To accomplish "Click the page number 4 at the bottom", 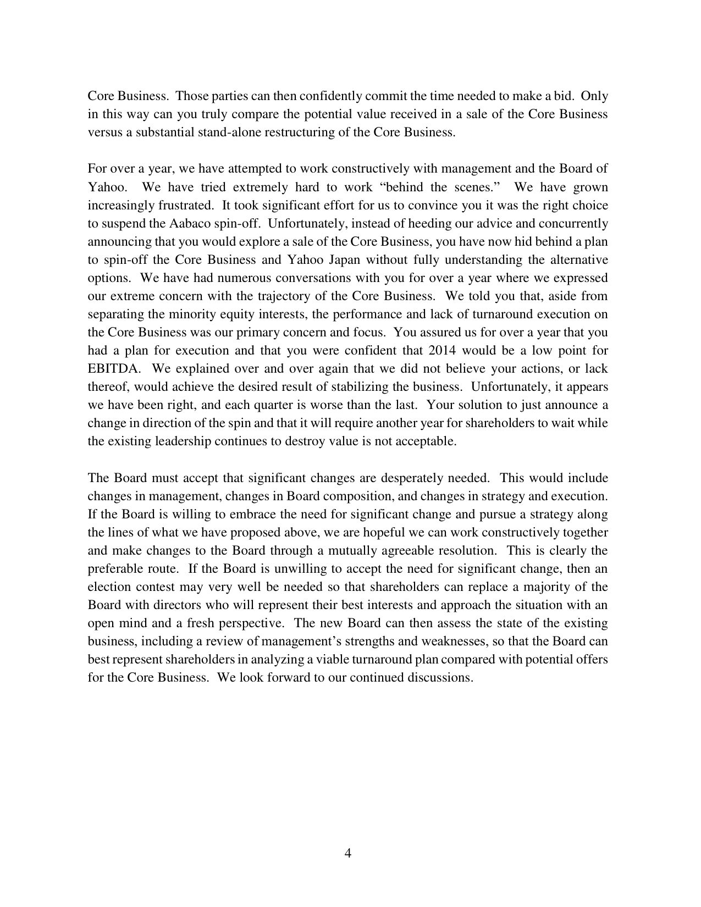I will coord(347,853).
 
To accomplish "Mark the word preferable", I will coord(115,568).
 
